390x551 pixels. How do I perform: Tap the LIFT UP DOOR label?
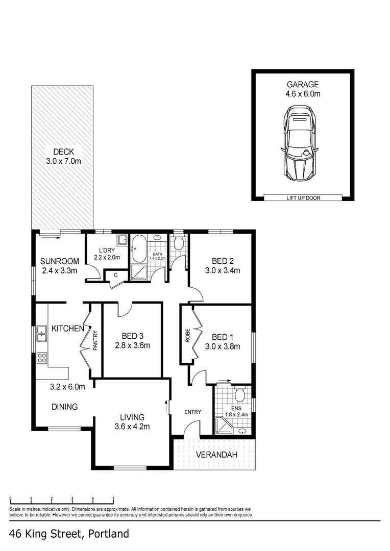[x=303, y=198]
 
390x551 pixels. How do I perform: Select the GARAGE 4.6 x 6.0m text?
[x=303, y=89]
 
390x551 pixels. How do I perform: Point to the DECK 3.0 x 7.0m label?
[x=63, y=156]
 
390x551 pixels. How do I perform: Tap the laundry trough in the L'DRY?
[x=122, y=240]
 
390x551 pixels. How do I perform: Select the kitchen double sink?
[x=41, y=334]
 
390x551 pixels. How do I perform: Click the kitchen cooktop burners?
[x=41, y=358]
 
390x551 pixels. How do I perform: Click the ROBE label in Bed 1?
[x=187, y=335]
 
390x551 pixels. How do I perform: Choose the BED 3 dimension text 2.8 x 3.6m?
[x=132, y=345]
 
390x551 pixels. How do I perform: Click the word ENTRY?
[x=193, y=412]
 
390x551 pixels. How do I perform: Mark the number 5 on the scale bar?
[x=113, y=499]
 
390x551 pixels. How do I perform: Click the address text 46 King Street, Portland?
[x=69, y=534]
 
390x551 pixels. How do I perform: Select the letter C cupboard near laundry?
[x=116, y=275]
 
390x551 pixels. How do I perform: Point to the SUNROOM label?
[x=60, y=262]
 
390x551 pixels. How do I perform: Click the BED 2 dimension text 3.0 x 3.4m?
[x=223, y=270]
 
